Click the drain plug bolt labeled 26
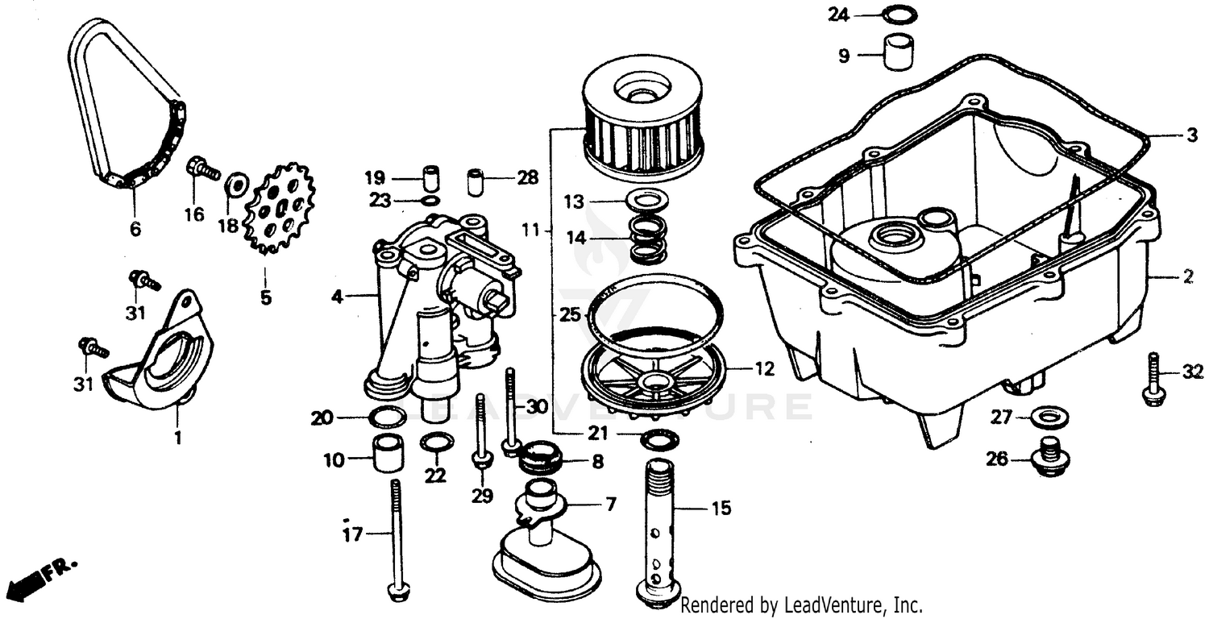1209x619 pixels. coord(1049,458)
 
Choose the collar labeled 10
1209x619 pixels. coord(387,455)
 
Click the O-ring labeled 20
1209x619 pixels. coord(387,418)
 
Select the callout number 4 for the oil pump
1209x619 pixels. coord(337,297)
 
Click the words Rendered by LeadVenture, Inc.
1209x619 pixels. coord(801,604)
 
